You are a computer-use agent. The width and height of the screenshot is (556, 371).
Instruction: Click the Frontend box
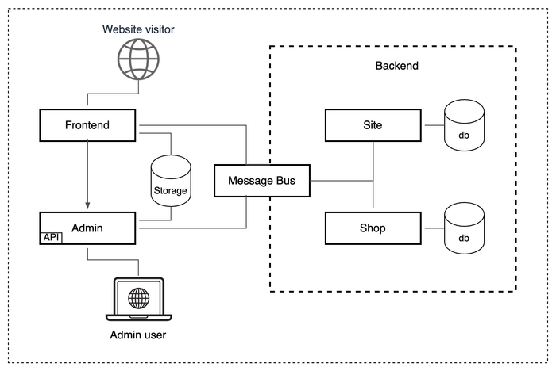87,125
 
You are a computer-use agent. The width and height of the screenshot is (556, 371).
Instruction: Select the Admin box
87,228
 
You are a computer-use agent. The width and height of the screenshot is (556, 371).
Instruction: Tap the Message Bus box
261,181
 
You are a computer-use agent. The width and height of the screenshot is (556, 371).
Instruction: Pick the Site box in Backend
373,125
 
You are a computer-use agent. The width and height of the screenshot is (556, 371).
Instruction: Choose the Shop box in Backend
373,228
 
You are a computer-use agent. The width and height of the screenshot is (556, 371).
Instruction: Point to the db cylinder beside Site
464,126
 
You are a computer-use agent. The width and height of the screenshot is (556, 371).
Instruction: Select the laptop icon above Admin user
138,300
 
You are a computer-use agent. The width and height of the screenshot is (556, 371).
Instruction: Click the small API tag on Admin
51,237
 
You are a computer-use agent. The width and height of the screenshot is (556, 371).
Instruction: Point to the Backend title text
396,66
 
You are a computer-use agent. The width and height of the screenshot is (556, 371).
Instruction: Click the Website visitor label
138,30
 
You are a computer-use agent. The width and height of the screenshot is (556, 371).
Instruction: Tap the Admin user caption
138,336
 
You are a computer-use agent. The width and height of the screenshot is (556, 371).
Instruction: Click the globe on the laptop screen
138,298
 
